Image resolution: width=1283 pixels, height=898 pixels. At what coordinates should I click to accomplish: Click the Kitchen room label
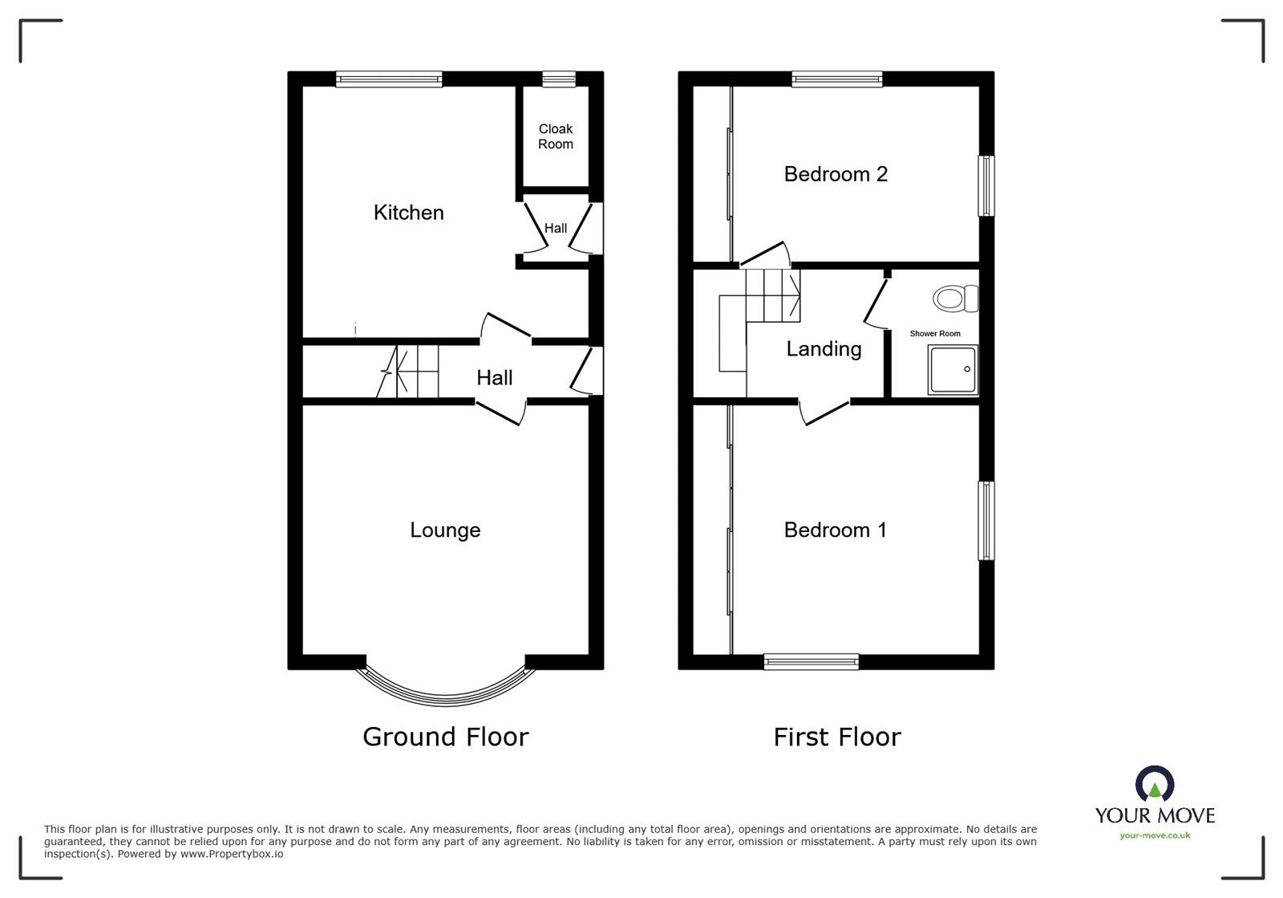pos(408,213)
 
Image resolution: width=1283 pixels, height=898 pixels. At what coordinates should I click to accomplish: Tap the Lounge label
pos(445,530)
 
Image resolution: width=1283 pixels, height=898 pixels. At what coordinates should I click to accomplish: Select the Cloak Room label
pos(556,136)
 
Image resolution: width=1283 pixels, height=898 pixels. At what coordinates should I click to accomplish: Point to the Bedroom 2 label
pos(836,173)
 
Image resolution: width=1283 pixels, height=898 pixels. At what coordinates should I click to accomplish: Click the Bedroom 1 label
pos(835,530)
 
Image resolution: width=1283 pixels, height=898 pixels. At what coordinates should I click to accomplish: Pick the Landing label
pos(824,349)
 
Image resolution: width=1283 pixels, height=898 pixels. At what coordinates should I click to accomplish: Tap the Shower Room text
pos(935,334)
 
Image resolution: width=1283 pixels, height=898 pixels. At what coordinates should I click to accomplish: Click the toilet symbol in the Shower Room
pos(955,299)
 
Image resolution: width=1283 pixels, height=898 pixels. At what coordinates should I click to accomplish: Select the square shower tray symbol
pos(953,370)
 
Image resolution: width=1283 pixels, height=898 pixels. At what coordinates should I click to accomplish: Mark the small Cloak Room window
pos(559,79)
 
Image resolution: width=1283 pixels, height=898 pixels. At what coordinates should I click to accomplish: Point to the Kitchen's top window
pos(389,79)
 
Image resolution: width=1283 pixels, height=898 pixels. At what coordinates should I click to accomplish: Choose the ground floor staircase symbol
pos(407,372)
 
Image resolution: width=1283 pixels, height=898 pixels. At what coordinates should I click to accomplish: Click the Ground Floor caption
pos(446,737)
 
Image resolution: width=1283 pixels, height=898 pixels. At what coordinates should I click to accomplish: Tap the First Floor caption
pos(837,737)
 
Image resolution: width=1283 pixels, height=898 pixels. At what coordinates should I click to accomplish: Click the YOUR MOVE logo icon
pos(1155,782)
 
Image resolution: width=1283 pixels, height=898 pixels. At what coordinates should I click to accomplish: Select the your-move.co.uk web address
pos(1155,835)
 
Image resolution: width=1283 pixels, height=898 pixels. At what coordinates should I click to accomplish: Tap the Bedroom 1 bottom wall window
pos(811,662)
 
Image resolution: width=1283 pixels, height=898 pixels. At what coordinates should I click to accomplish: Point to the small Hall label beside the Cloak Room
pos(556,228)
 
